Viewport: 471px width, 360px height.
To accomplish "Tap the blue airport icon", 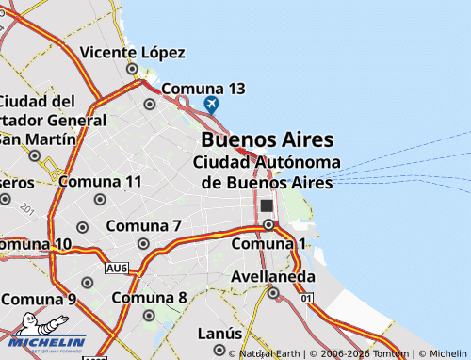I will pyautogui.click(x=211, y=105).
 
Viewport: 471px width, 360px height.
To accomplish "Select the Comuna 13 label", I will pyautogui.click(x=203, y=89).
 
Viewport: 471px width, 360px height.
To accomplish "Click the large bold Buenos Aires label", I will pyautogui.click(x=267, y=139).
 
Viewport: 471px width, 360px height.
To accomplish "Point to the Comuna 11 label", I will pyautogui.click(x=100, y=181).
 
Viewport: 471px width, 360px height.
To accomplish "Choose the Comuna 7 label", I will pyautogui.click(x=143, y=226).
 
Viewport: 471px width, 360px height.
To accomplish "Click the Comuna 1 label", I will pyautogui.click(x=269, y=244).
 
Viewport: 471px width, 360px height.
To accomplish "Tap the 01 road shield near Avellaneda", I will pyautogui.click(x=306, y=298).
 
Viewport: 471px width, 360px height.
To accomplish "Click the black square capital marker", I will pyautogui.click(x=267, y=205).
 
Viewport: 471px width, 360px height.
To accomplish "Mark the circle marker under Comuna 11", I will pyautogui.click(x=101, y=199).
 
